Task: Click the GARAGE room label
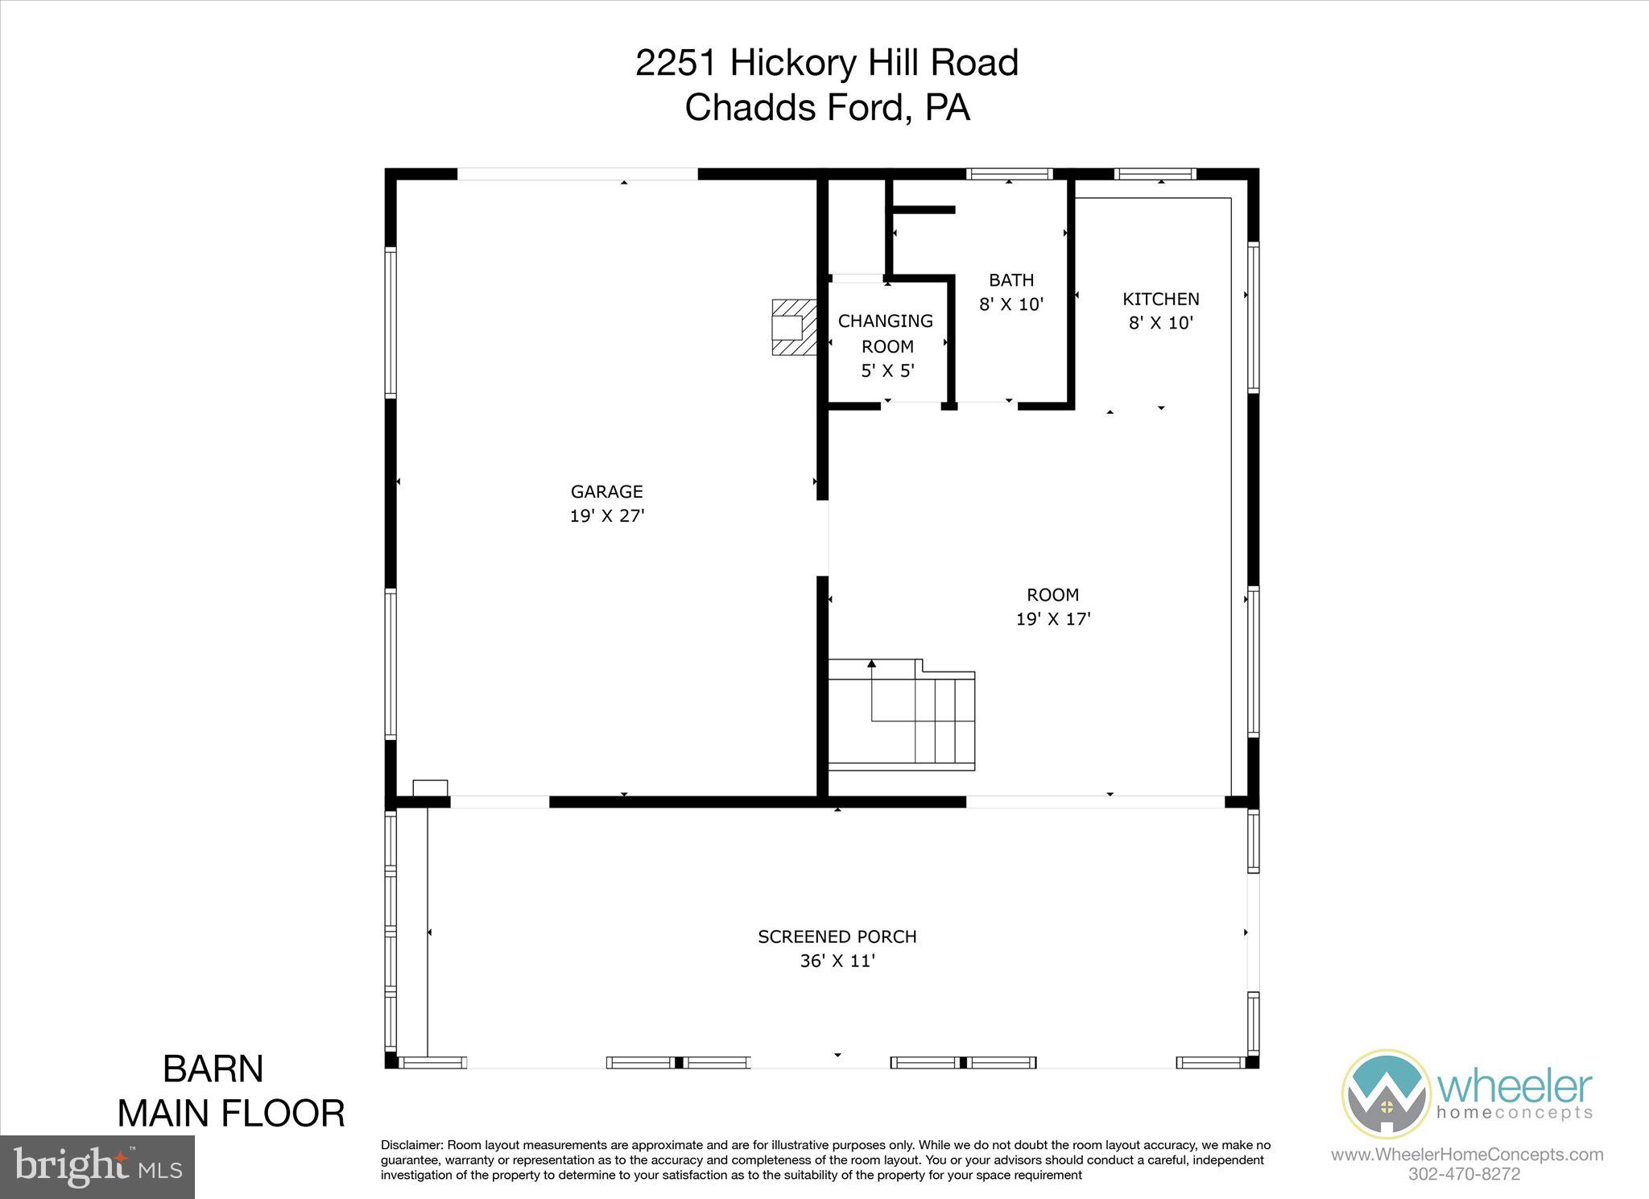pos(606,491)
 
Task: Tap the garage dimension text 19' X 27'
pos(607,516)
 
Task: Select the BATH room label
pos(1011,280)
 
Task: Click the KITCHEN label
pos(1160,299)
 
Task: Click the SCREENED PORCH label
pos(837,936)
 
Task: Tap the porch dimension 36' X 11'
pos(837,961)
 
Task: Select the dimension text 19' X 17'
pos(1052,619)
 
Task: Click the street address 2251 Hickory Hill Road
pos(826,63)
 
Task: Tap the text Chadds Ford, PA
pos(826,108)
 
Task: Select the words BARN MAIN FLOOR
pos(230,1091)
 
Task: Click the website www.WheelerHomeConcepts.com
pos(1466,1155)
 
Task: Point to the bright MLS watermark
pos(97,1167)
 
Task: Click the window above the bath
pos(1009,174)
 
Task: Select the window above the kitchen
pos(1155,174)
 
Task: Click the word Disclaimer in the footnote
pos(411,1145)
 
